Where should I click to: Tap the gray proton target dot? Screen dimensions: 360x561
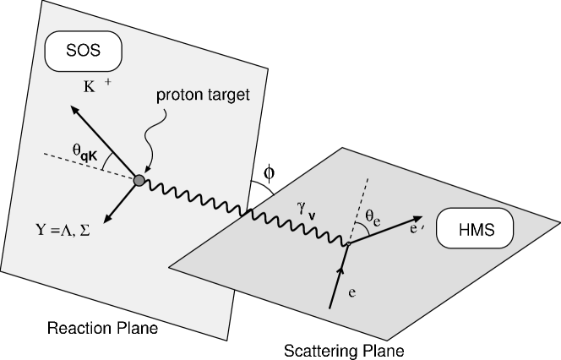138,178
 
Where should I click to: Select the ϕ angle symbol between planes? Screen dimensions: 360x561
269,174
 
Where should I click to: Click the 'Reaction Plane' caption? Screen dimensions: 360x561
84,325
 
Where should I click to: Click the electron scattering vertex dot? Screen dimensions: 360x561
347,245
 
